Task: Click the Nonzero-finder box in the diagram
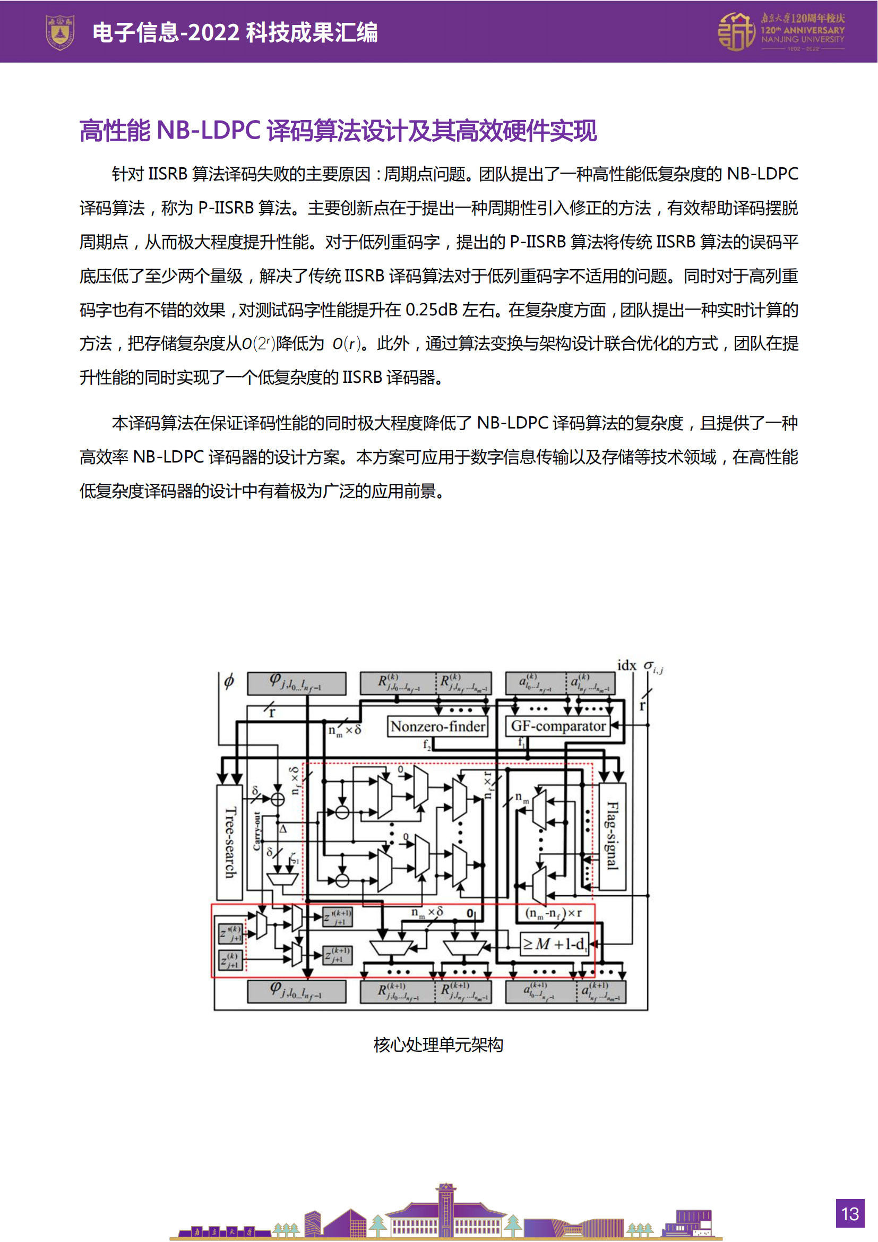click(x=437, y=726)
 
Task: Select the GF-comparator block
click(x=558, y=726)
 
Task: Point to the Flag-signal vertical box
click(x=612, y=836)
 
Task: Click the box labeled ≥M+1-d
click(x=554, y=944)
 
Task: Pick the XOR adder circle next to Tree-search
click(x=277, y=799)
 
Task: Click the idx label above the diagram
click(x=626, y=665)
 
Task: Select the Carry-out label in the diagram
click(x=257, y=831)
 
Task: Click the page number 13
click(x=849, y=1214)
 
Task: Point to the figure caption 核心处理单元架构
click(x=438, y=1044)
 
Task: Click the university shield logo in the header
click(x=59, y=32)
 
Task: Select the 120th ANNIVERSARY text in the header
click(x=802, y=30)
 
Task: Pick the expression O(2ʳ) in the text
click(x=259, y=344)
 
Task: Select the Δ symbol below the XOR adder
click(x=283, y=829)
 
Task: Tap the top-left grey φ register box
click(x=296, y=684)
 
